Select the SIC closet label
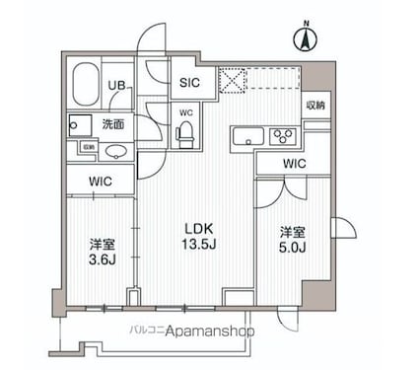pyautogui.click(x=187, y=83)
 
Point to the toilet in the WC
pyautogui.click(x=185, y=134)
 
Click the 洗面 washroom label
pyautogui.click(x=112, y=124)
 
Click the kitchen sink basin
pyautogui.click(x=246, y=136)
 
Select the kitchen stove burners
pyautogui.click(x=284, y=136)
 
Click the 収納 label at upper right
pyautogui.click(x=314, y=105)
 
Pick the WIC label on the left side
pyautogui.click(x=100, y=181)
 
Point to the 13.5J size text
pyautogui.click(x=196, y=244)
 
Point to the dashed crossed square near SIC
pyautogui.click(x=230, y=79)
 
